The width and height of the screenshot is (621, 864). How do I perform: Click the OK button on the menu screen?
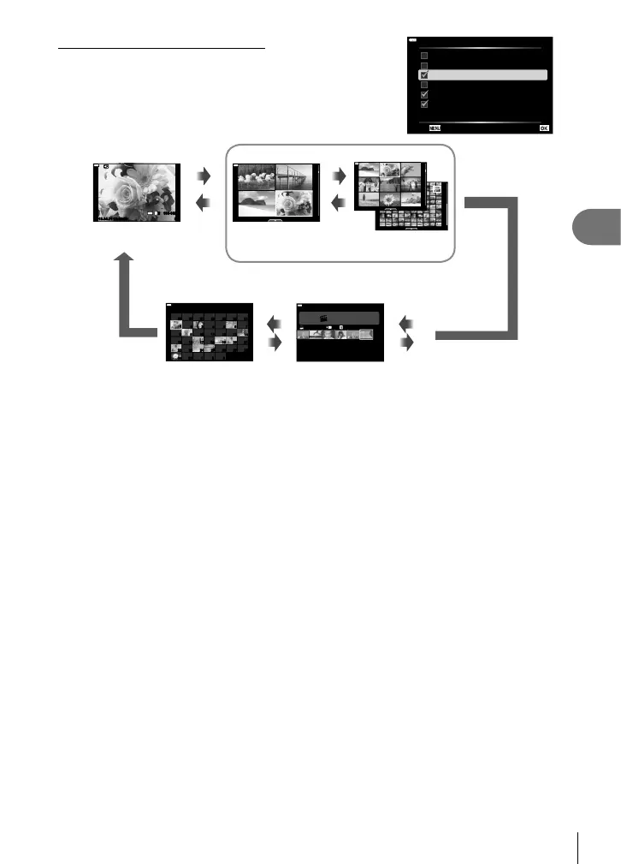[x=545, y=128]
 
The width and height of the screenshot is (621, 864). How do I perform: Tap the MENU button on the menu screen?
[x=435, y=128]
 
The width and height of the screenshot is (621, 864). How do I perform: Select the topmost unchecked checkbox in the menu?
[x=423, y=56]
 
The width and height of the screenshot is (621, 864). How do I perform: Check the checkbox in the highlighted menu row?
[x=423, y=75]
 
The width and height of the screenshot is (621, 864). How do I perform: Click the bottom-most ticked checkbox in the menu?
[x=423, y=104]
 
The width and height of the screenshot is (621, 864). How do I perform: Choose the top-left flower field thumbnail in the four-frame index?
[x=257, y=177]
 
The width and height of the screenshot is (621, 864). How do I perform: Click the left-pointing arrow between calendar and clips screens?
[x=274, y=324]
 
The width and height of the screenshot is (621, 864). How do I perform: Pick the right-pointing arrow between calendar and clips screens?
[x=274, y=343]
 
